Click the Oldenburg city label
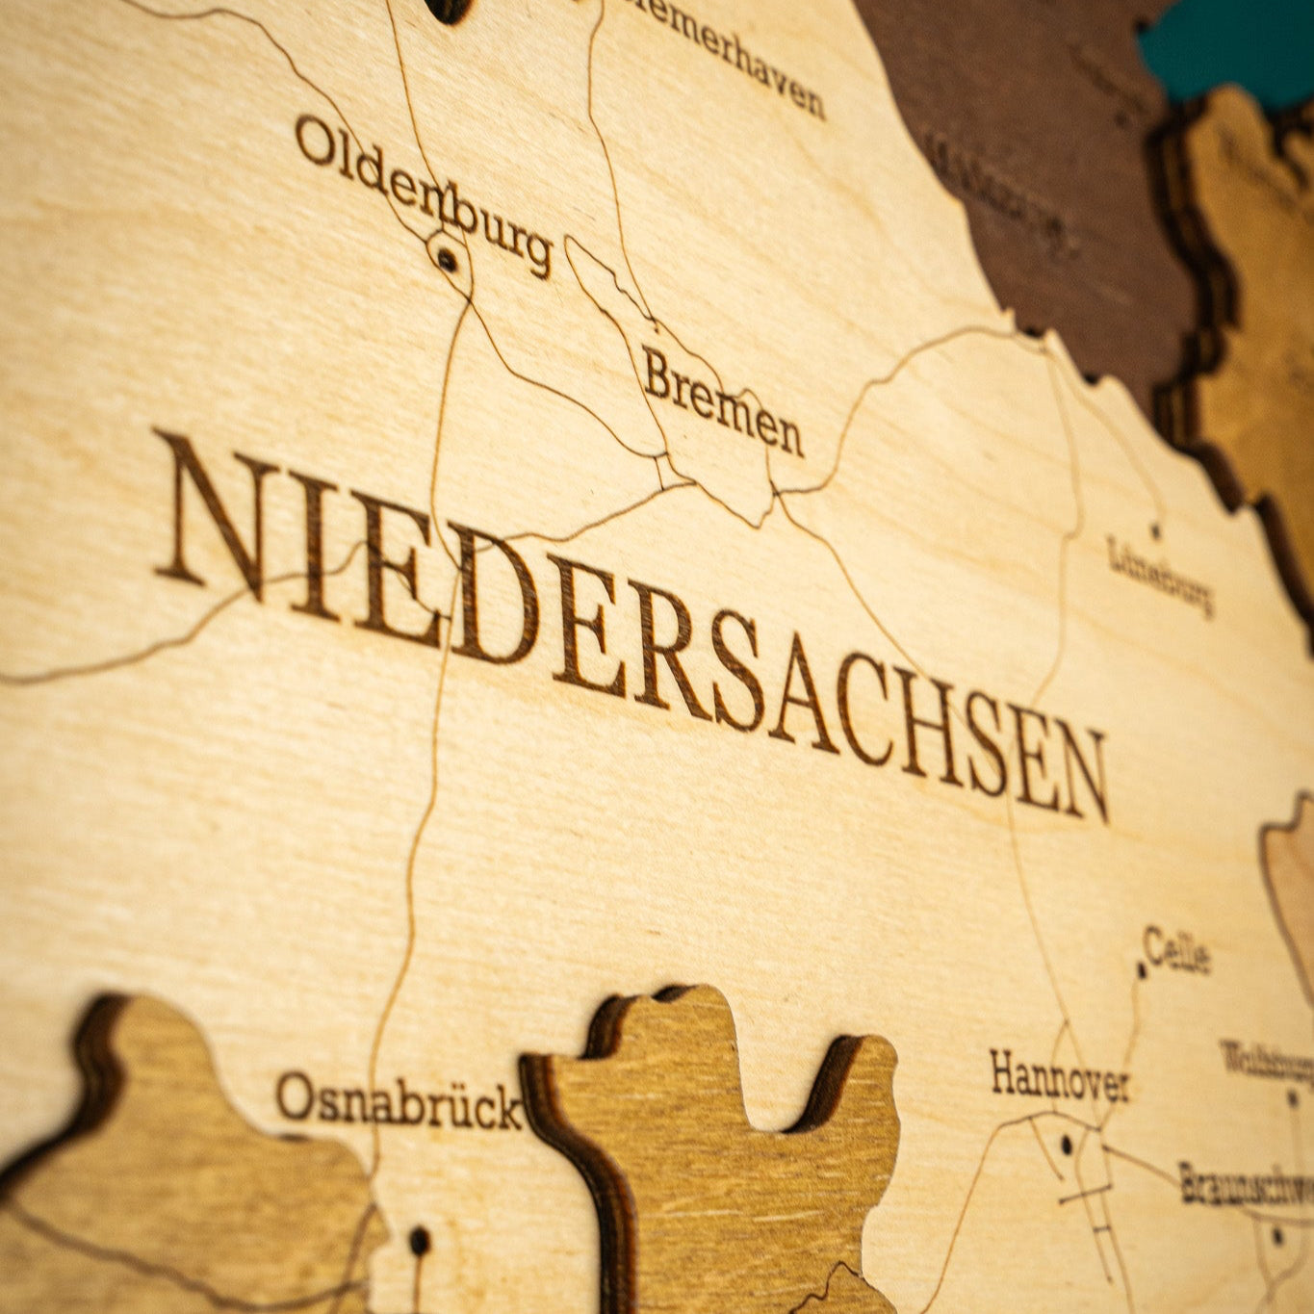pos(424,193)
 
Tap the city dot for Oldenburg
pos(447,257)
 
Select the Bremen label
pos(722,401)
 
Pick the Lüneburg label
pos(1161,576)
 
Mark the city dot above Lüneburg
pos(1155,528)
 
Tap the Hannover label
pos(1059,1078)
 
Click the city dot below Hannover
pos(1066,1145)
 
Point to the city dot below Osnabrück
pos(419,1240)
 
